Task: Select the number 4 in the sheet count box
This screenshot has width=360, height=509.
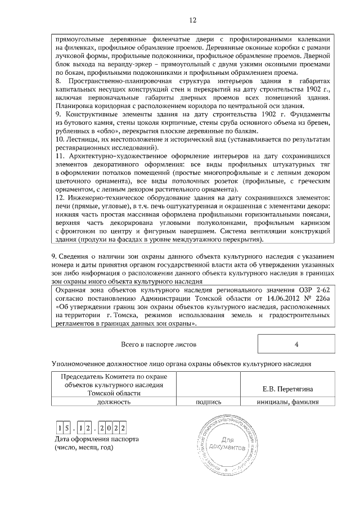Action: [296, 344]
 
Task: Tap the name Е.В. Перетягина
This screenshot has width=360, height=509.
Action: [287, 389]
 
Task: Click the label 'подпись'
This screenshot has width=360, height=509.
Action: [208, 402]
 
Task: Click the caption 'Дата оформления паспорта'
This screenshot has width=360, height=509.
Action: [95, 439]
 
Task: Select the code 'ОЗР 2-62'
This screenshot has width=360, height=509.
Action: [313, 289]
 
